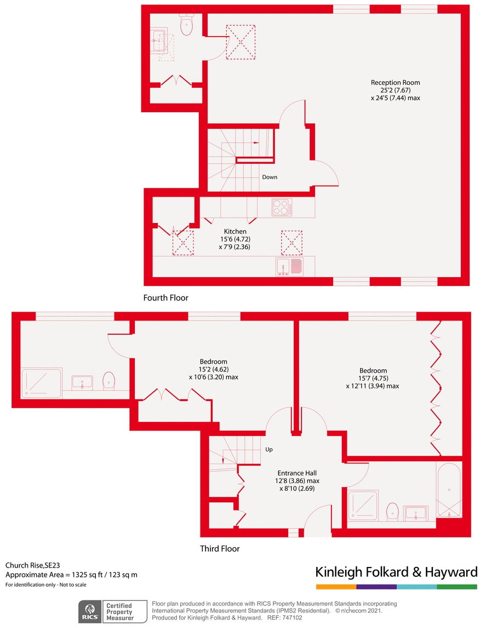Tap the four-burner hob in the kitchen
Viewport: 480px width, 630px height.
(281, 207)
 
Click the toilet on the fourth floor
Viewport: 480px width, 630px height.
(186, 25)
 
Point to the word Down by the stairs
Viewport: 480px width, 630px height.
(269, 177)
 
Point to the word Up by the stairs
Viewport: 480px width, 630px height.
(268, 449)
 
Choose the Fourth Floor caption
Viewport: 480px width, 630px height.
(165, 298)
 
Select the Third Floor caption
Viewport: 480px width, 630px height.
(220, 548)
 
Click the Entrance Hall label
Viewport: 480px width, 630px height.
(297, 473)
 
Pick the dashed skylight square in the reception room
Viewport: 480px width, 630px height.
(241, 41)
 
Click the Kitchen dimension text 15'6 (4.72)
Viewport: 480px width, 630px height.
(235, 239)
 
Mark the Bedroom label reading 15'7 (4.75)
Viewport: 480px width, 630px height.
(373, 378)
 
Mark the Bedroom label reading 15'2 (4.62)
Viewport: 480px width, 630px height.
(213, 369)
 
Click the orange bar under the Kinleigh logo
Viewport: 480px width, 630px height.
(336, 587)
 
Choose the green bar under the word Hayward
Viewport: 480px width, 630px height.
(457, 587)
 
